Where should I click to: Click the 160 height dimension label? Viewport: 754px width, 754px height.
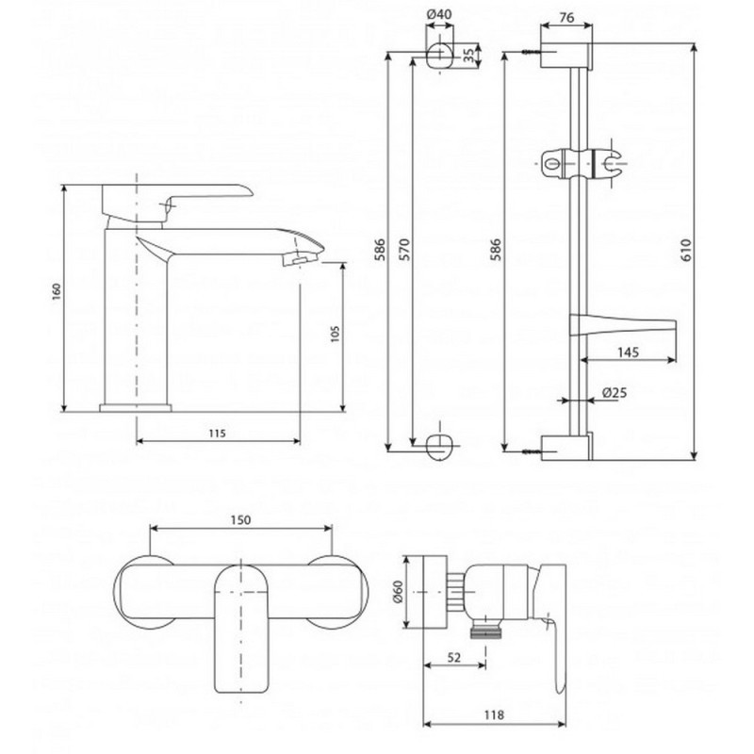coord(57,292)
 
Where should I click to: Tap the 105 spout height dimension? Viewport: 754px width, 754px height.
coord(336,335)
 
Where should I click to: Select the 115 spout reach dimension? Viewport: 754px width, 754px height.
coord(218,434)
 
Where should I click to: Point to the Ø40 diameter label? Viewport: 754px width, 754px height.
coord(439,14)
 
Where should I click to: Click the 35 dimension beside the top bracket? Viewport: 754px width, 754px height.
coord(468,56)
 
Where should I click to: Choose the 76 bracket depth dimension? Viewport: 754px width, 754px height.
coord(567,17)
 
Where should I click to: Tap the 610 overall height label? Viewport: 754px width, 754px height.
coord(686,250)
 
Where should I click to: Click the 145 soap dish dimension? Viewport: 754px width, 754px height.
coord(628,352)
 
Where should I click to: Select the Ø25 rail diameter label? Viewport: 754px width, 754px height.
coord(615,392)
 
